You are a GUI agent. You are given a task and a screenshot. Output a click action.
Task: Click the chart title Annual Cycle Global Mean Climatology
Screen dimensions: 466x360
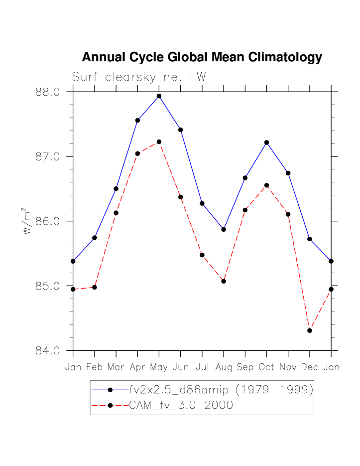[202, 57]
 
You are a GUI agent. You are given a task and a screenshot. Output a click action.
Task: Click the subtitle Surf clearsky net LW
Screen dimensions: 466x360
[139, 77]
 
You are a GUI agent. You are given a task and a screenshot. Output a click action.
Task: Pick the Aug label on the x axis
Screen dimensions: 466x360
[224, 368]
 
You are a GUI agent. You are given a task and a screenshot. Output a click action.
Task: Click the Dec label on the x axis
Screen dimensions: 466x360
[309, 368]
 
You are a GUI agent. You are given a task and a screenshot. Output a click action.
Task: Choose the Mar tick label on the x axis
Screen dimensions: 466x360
[116, 368]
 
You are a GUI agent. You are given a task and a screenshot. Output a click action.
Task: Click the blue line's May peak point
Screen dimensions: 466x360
[159, 96]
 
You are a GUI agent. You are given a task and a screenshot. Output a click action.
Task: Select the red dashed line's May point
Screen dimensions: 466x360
[159, 142]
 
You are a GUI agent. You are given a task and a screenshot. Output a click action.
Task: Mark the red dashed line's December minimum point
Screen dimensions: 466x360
[310, 330]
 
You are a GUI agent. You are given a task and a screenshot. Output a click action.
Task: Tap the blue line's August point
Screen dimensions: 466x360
[224, 229]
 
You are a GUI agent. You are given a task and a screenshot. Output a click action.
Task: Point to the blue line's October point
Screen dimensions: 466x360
[266, 143]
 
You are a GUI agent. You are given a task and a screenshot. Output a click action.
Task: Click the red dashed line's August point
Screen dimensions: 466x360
[224, 281]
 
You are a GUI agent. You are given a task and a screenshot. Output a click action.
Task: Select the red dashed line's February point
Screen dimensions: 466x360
[95, 287]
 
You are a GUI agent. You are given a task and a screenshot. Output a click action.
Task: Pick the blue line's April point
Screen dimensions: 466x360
[137, 120]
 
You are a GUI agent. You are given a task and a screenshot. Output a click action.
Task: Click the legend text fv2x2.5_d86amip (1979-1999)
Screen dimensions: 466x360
[221, 390]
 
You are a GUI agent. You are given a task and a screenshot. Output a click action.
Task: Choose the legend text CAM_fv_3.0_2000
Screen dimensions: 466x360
[181, 405]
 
